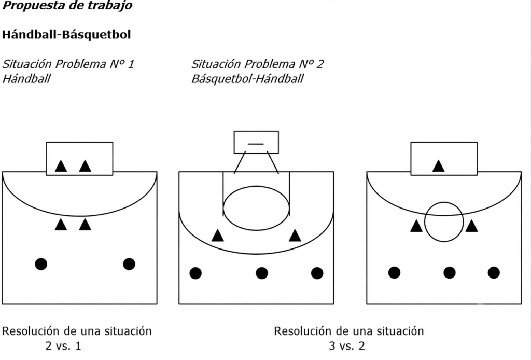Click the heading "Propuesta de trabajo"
[x=67, y=5]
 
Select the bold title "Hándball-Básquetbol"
[x=66, y=35]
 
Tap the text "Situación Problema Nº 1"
[x=68, y=64]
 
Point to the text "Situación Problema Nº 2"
[x=257, y=64]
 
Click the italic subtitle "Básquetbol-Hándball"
[x=247, y=78]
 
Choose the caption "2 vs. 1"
[x=63, y=346]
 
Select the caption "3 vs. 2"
[x=347, y=346]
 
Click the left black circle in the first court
[x=41, y=264]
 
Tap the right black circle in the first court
[x=129, y=264]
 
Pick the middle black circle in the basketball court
[x=262, y=273]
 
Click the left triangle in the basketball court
[x=217, y=236]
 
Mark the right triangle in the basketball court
[x=295, y=236]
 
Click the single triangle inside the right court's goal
[x=439, y=167]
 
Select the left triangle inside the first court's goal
[x=61, y=167]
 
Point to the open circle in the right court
[x=444, y=202]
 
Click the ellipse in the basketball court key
[x=256, y=186]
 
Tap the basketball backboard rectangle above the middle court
[x=256, y=131]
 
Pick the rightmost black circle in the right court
[x=494, y=273]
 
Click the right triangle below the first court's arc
[x=85, y=225]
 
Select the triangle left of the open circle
[x=416, y=226]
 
